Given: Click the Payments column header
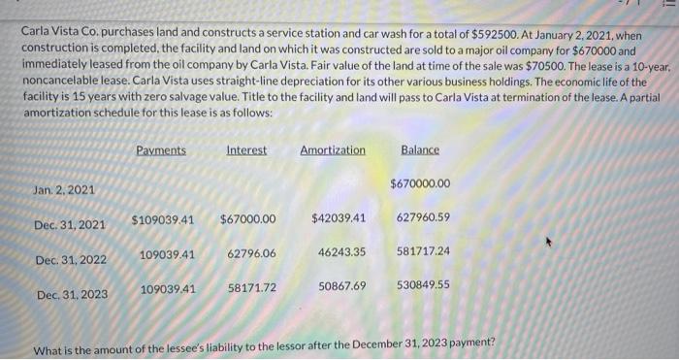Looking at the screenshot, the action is click(x=161, y=150).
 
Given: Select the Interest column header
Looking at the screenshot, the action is click(x=246, y=150).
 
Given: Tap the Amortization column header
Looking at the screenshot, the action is click(x=333, y=150).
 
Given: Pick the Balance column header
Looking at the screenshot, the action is click(x=420, y=150).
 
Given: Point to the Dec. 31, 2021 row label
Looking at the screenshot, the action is click(x=70, y=225).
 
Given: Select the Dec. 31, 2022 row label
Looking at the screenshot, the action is click(x=70, y=260).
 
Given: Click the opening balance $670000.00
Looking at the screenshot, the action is click(x=420, y=183).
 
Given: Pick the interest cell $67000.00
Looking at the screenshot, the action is click(x=247, y=219).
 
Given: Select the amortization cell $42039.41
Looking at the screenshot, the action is click(x=339, y=218).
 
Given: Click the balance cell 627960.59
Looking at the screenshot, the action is click(x=423, y=218).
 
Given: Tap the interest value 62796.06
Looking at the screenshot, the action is click(x=251, y=253).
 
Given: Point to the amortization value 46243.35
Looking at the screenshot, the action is click(x=341, y=252).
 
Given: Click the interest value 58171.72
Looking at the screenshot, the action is click(x=252, y=288).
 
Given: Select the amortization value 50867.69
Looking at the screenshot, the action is click(x=341, y=286).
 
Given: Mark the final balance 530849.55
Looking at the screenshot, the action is click(x=423, y=285).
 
